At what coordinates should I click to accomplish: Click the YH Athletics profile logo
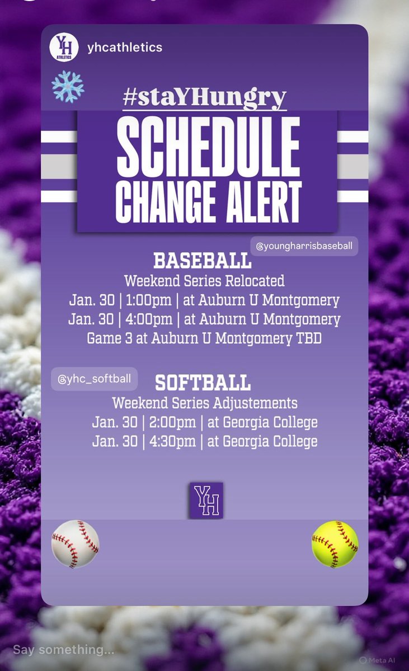63,47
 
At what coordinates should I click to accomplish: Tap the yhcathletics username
124,48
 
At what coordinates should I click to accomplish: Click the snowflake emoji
68,87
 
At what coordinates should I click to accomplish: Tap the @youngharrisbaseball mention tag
304,245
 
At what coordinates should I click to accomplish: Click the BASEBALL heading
202,261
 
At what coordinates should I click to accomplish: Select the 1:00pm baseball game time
145,300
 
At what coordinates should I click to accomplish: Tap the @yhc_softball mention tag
94,379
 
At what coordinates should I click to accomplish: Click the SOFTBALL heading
203,383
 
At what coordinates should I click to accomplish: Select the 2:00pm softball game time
171,422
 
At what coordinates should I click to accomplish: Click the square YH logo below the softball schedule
206,500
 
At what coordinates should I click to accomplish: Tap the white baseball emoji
75,544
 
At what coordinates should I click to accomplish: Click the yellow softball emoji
335,544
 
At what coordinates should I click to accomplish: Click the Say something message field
64,650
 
